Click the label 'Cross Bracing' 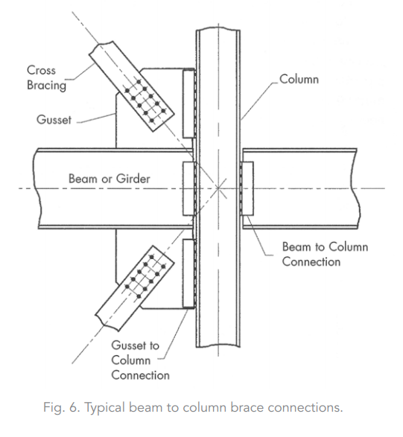[47, 77]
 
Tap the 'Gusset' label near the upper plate [54, 120]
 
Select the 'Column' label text [299, 79]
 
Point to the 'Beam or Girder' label [110, 179]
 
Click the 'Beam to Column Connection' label [326, 254]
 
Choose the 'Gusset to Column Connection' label [140, 360]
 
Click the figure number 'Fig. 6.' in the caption [62, 407]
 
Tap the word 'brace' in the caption [247, 407]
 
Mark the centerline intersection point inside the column [218, 188]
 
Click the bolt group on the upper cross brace [145, 101]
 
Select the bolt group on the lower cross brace [145, 276]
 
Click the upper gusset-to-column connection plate [188, 103]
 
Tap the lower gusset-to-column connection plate [188, 273]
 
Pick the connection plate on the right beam [247, 188]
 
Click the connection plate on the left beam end [188, 188]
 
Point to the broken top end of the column [218, 29]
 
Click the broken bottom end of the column [218, 346]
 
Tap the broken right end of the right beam [358, 188]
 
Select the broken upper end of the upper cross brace [101, 47]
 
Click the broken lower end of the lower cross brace [107, 323]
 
